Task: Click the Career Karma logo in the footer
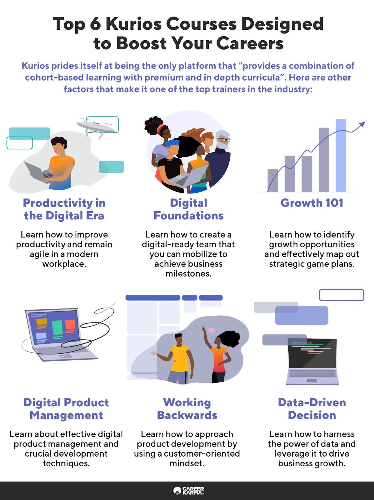pyautogui.click(x=189, y=490)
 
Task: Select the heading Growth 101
pyautogui.click(x=312, y=203)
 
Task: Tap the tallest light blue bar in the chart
pyautogui.click(x=341, y=155)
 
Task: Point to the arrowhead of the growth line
pyautogui.click(x=362, y=124)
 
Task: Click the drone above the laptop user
pyautogui.click(x=96, y=127)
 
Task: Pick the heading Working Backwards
pyautogui.click(x=187, y=409)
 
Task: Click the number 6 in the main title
pyautogui.click(x=95, y=24)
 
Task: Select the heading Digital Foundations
pyautogui.click(x=189, y=209)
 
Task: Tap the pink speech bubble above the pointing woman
pyautogui.click(x=212, y=330)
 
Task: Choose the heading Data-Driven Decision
pyautogui.click(x=312, y=409)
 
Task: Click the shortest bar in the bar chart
pyautogui.click(x=273, y=180)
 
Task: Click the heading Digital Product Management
pyautogui.click(x=66, y=409)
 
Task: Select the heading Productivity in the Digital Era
pyautogui.click(x=64, y=209)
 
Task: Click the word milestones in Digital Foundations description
pyautogui.click(x=189, y=273)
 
